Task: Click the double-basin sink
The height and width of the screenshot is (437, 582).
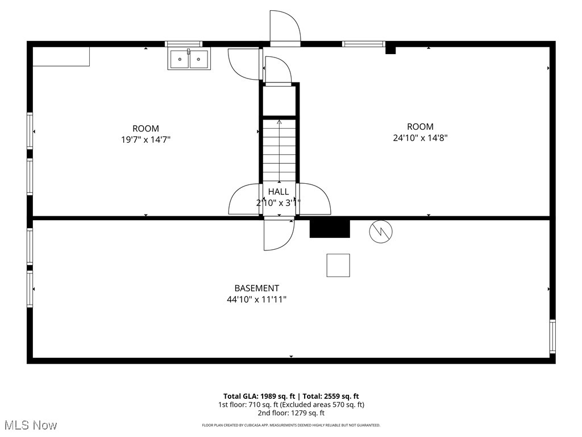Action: (189, 59)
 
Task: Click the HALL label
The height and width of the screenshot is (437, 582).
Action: (278, 192)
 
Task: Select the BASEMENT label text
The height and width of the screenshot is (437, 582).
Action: (257, 288)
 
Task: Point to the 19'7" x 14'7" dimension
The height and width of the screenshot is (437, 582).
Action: (146, 139)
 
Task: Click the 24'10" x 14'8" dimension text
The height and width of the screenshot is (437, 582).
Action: (420, 137)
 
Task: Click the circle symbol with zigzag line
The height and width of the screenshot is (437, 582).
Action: (381, 231)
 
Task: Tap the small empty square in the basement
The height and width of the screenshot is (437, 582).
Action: (338, 265)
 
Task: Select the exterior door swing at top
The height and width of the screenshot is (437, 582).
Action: (284, 27)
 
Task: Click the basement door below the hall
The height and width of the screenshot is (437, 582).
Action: (278, 234)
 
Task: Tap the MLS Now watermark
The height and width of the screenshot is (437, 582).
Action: (30, 425)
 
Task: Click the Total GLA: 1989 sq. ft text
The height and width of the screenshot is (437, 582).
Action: (258, 396)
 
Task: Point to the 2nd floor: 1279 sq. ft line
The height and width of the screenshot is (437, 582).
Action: (290, 413)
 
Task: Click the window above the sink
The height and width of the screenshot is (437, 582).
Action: (184, 44)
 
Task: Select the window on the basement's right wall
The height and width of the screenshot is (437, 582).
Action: (552, 336)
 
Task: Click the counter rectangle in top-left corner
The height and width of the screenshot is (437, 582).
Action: (61, 56)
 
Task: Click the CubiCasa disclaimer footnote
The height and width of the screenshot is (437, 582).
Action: (291, 425)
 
